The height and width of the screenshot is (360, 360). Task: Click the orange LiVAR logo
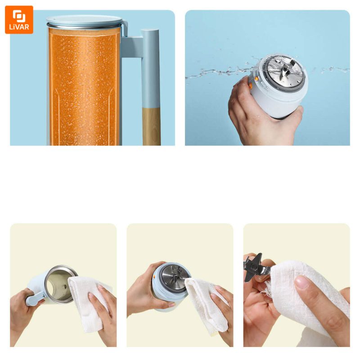pyautogui.click(x=19, y=20)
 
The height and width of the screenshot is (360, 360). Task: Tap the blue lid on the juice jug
pyautogui.click(x=85, y=21)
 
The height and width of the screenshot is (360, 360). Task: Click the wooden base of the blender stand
pyautogui.click(x=151, y=126)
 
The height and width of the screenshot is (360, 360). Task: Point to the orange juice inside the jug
pyautogui.click(x=84, y=87)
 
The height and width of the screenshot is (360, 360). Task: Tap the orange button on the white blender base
pyautogui.click(x=251, y=86)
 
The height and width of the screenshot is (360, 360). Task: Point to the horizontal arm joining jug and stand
pyautogui.click(x=132, y=47)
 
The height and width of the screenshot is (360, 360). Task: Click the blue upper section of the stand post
pyautogui.click(x=150, y=68)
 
